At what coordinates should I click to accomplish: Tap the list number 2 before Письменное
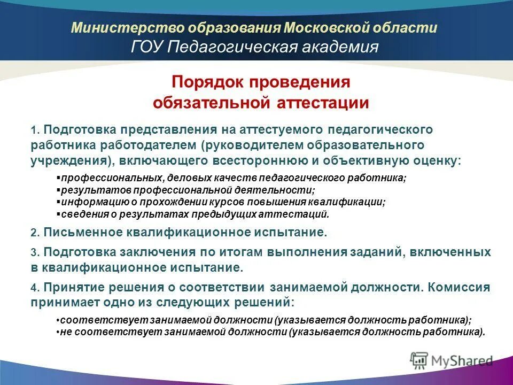tap(33, 233)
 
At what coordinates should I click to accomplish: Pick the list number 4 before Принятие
tap(33, 288)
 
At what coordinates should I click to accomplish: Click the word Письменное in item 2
tap(84, 233)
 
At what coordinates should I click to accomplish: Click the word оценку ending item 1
tap(436, 160)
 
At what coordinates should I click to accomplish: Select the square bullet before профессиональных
tap(58, 178)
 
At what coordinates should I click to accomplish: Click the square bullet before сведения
tap(58, 214)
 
